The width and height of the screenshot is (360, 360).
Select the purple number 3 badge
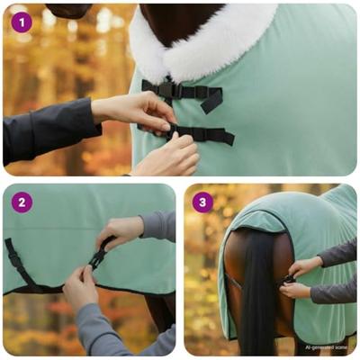tap(202, 202)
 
